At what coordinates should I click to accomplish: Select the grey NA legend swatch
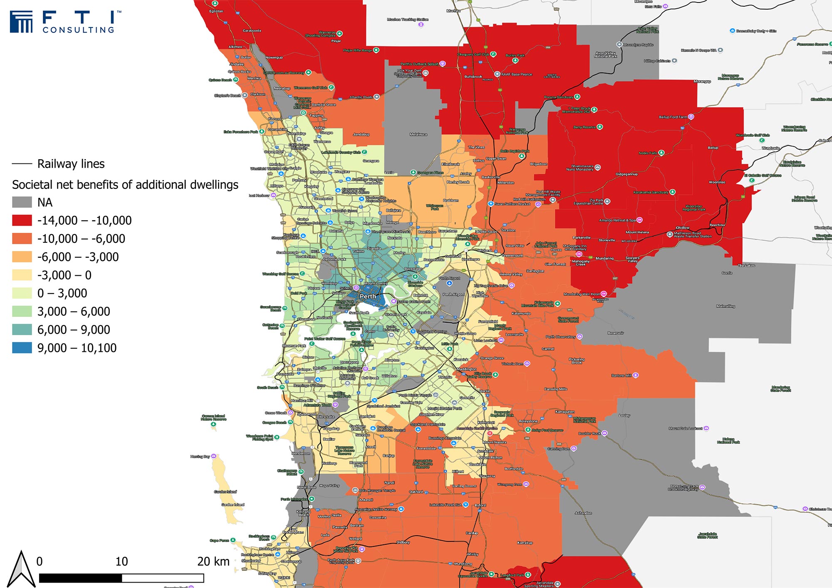pyautogui.click(x=22, y=203)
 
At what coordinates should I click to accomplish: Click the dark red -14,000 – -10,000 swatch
pyautogui.click(x=22, y=220)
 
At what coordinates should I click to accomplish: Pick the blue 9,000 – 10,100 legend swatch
pyautogui.click(x=22, y=348)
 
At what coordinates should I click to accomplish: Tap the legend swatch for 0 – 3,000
pyautogui.click(x=22, y=293)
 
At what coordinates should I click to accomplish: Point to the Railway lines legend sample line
pyautogui.click(x=22, y=164)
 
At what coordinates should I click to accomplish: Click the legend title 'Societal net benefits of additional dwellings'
pyautogui.click(x=125, y=185)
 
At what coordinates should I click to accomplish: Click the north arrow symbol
pyautogui.click(x=22, y=569)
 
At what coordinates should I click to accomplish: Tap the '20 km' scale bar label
pyautogui.click(x=213, y=561)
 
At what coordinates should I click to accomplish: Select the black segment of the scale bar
pyautogui.click(x=80, y=578)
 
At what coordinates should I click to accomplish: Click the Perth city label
pyautogui.click(x=368, y=296)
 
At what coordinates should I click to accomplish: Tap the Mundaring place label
pyautogui.click(x=604, y=258)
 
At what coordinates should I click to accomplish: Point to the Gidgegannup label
pyautogui.click(x=626, y=174)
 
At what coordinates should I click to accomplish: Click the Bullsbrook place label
pyautogui.click(x=473, y=77)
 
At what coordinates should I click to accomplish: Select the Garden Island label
pyautogui.click(x=233, y=504)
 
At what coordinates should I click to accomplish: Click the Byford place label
pyautogui.click(x=480, y=505)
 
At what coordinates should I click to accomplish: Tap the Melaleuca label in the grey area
pyautogui.click(x=418, y=134)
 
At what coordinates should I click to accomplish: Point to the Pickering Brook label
pyautogui.click(x=577, y=361)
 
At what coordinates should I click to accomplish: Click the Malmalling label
pyautogui.click(x=726, y=306)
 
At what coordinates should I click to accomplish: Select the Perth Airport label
pyautogui.click(x=453, y=294)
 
